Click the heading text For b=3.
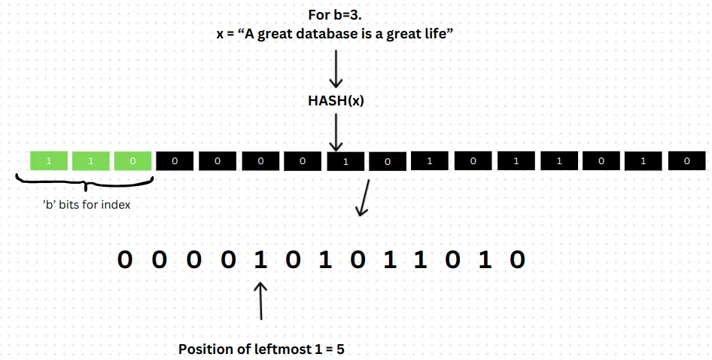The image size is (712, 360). coord(335,15)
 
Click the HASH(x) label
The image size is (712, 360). coord(335,100)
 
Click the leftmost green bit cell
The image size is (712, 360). coord(49,160)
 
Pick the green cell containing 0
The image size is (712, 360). coord(132,160)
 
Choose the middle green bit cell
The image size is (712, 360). coord(91,160)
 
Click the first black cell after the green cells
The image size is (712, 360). coord(175,160)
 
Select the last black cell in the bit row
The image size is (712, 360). coord(686,160)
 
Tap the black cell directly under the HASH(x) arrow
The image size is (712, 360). coord(345,161)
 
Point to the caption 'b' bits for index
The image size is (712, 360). coord(86,205)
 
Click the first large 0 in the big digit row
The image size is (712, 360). coord(126,260)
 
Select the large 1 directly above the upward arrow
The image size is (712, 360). coord(260,260)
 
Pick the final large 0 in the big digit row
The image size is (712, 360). coord(516,260)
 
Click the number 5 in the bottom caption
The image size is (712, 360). coord(340,349)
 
